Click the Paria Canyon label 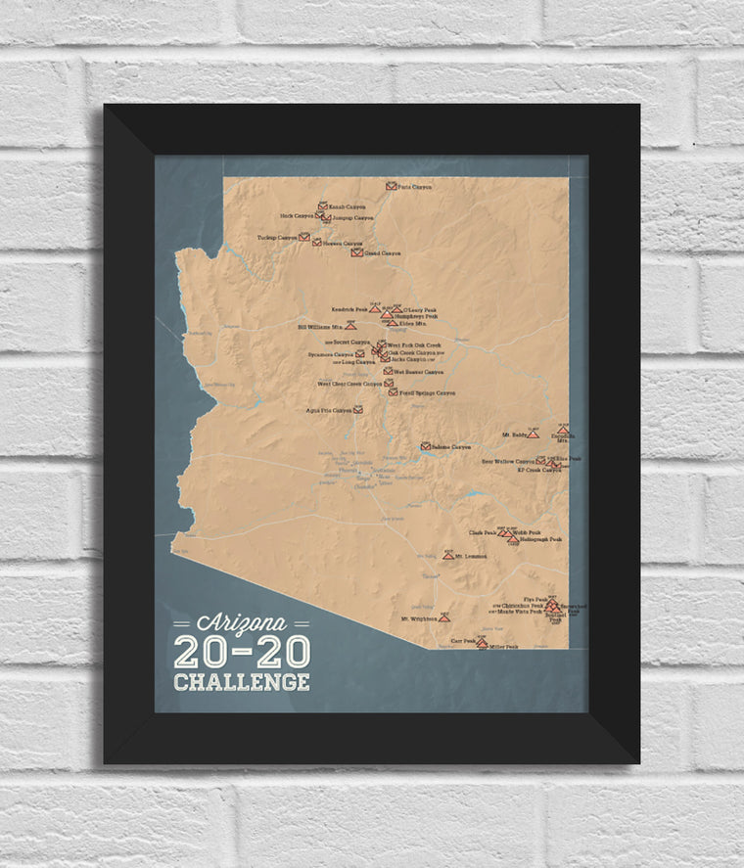tap(415, 185)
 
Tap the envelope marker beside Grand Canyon tap(357, 252)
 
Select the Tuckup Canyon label tap(277, 237)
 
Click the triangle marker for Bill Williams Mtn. tap(350, 324)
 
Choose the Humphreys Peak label tap(415, 317)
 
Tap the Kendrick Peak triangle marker tap(374, 308)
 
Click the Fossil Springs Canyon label tap(427, 392)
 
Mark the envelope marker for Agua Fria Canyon tap(358, 409)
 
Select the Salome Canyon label tap(452, 446)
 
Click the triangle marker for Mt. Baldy tap(533, 434)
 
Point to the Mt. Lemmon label tap(472, 556)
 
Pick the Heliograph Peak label tap(541, 539)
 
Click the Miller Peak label tap(503, 647)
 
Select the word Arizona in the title tap(241, 623)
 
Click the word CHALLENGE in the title tap(241, 681)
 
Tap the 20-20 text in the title tap(241, 652)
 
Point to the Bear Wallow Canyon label tap(508, 460)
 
